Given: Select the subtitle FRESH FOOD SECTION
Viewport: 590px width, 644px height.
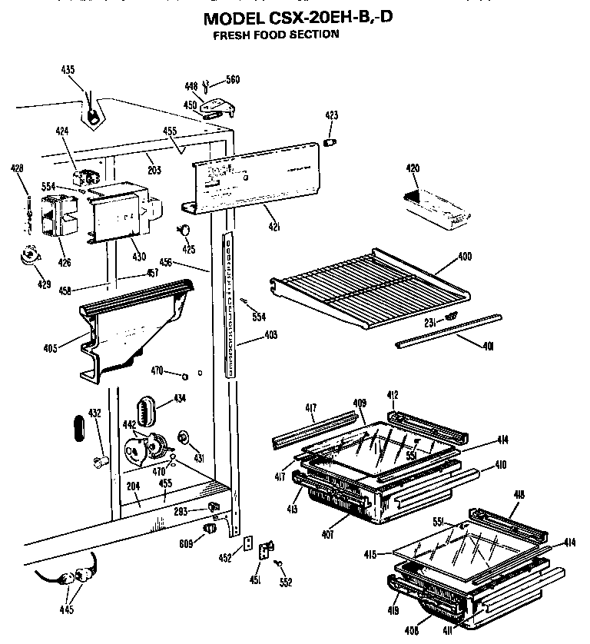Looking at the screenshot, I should [275, 35].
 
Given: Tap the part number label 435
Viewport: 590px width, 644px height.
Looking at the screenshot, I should [68, 70].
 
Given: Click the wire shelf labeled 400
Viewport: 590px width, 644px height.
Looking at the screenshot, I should [369, 284].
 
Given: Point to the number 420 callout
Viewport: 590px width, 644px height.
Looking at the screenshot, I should [413, 168].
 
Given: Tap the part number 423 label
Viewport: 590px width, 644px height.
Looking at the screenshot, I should [331, 115].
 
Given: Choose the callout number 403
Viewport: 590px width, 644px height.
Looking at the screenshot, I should [270, 335].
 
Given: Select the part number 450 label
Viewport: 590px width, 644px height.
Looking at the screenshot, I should [189, 105].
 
